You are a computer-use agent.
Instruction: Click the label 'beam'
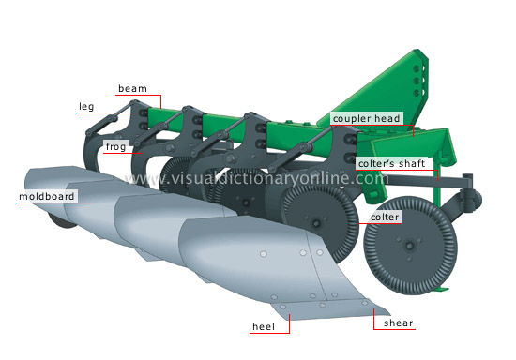click(131, 89)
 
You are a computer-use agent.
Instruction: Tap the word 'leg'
click(85, 108)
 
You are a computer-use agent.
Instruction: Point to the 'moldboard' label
click(46, 198)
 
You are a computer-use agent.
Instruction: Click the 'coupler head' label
click(366, 119)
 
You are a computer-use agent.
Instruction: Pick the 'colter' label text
click(385, 217)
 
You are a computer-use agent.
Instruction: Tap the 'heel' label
click(264, 327)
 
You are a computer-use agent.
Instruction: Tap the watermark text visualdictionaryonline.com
click(253, 177)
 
